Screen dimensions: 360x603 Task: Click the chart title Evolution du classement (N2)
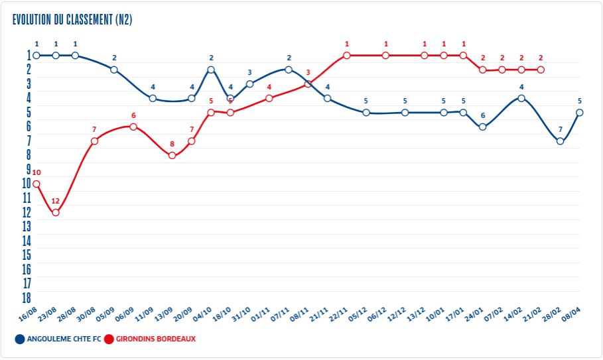coord(72,19)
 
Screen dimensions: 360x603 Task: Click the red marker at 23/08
coord(56,213)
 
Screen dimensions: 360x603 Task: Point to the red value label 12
coord(56,201)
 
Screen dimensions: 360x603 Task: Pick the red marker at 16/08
coord(36,184)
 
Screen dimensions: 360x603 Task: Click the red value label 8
coord(172,144)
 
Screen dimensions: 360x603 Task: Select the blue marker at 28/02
coord(561,141)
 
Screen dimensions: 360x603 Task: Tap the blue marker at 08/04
coord(580,113)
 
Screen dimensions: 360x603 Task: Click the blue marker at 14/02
coord(521,98)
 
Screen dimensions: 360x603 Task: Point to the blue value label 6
coord(483,115)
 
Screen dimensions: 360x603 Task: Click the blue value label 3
coord(249,72)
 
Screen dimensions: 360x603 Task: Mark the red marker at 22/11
coord(346,55)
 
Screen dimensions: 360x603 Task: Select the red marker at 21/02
coord(541,70)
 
